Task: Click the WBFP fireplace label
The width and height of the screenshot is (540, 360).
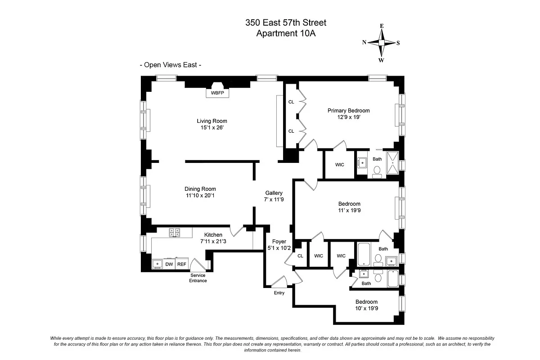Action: [217, 93]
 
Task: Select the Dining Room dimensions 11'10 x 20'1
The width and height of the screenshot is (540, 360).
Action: [200, 196]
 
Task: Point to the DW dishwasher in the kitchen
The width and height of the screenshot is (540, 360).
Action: [169, 264]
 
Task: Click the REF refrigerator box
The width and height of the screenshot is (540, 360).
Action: [181, 264]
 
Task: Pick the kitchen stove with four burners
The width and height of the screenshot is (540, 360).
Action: [174, 233]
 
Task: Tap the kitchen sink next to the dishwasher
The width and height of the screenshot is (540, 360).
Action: [157, 264]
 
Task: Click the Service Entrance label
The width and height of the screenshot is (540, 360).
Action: [198, 278]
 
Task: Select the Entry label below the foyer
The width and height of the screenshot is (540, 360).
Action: [279, 293]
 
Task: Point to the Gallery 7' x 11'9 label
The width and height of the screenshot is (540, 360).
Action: [274, 196]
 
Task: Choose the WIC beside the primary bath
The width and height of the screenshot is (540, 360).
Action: [340, 165]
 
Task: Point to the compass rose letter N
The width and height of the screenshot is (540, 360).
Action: [364, 42]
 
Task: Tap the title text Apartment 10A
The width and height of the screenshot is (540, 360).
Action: [285, 33]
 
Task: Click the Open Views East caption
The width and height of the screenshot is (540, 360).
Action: [171, 65]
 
